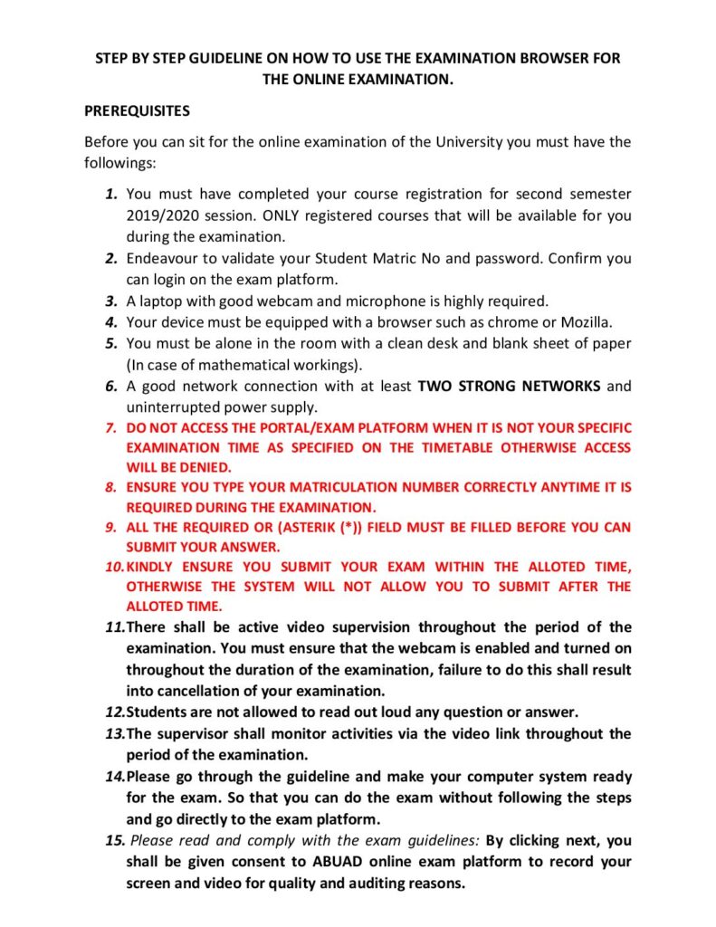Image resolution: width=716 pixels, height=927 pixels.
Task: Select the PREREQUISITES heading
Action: (137, 111)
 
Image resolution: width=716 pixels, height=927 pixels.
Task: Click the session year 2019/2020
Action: (166, 215)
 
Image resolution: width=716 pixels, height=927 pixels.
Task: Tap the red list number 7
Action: (111, 427)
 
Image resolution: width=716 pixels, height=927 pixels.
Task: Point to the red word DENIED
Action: (206, 467)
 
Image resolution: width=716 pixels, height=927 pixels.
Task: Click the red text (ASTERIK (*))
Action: (325, 527)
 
